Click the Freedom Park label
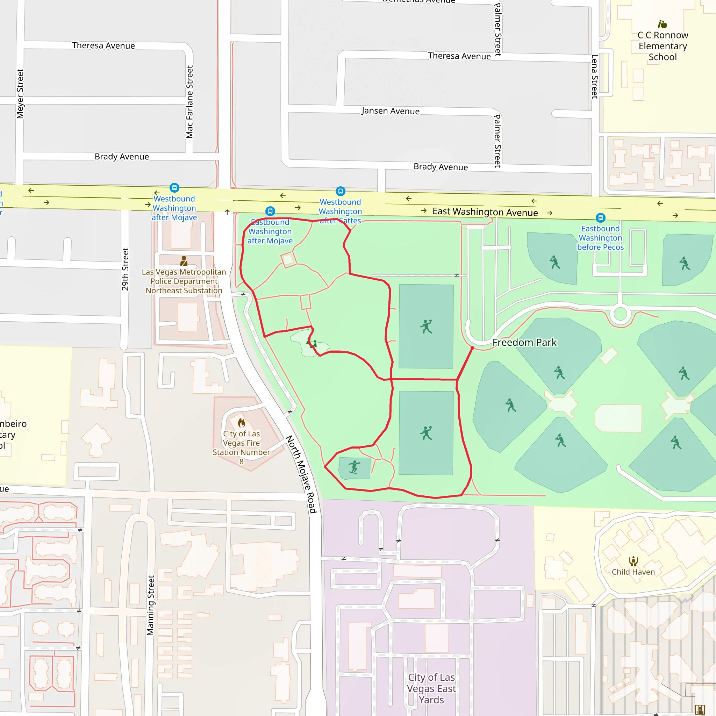pyautogui.click(x=524, y=342)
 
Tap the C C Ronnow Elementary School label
pyautogui.click(x=663, y=46)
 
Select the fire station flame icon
pyautogui.click(x=242, y=422)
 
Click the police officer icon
pyautogui.click(x=184, y=261)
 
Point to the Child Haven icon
pyautogui.click(x=633, y=561)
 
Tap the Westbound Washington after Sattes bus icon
pyautogui.click(x=340, y=191)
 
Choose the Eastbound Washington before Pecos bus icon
pyautogui.click(x=600, y=218)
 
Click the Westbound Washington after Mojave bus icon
pyautogui.click(x=174, y=188)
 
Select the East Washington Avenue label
pyautogui.click(x=485, y=212)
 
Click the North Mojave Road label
pyautogui.click(x=301, y=474)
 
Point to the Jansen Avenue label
pyautogui.click(x=390, y=111)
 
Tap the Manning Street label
pyautogui.click(x=150, y=605)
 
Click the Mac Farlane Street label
pyautogui.click(x=189, y=102)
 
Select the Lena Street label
pyautogui.click(x=594, y=76)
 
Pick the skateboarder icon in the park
pyautogui.click(x=354, y=467)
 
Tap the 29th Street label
pyautogui.click(x=125, y=269)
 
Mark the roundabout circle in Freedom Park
pyautogui.click(x=620, y=314)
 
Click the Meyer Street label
pyautogui.click(x=20, y=93)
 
